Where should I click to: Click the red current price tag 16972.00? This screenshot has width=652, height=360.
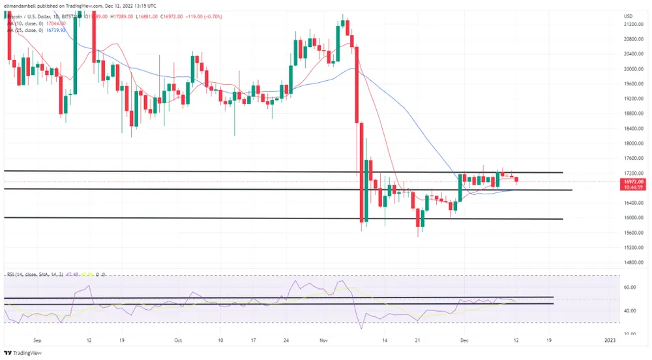click(x=633, y=181)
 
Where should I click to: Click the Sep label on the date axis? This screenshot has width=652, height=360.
click(x=37, y=340)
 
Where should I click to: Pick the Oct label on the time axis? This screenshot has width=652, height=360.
click(x=177, y=340)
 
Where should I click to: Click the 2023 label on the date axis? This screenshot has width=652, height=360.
click(x=610, y=340)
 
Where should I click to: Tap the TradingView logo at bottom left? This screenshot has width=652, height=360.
click(x=25, y=352)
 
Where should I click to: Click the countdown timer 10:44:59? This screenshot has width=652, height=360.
click(x=633, y=188)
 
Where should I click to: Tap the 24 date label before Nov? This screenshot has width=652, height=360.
click(x=287, y=340)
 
